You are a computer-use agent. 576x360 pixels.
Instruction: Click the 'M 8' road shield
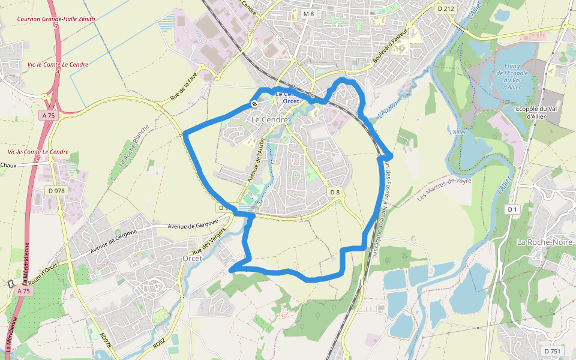coord(308,14)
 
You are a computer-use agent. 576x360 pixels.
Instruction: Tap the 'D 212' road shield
coord(446,8)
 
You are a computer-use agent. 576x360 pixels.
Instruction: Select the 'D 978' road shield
coord(56,191)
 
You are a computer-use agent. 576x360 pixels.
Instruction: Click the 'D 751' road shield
coord(553,350)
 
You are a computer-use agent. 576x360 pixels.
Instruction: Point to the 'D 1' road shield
coord(512,209)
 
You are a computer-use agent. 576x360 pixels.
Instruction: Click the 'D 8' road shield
coord(335,192)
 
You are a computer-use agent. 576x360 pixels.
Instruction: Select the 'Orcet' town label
coord(193,258)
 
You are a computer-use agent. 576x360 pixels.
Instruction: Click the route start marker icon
coord(254,104)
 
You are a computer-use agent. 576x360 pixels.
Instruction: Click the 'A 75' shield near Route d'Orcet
coord(23,290)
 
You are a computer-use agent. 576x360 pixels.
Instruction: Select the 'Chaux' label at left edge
coord(8,165)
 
